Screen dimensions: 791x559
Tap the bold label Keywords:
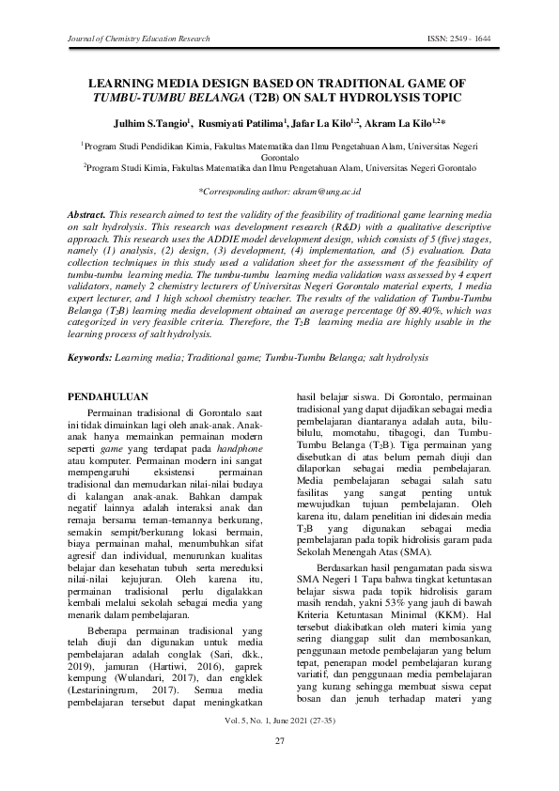(x=96, y=358)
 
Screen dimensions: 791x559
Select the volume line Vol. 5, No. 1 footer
(x=279, y=748)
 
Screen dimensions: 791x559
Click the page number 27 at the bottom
(x=279, y=769)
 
